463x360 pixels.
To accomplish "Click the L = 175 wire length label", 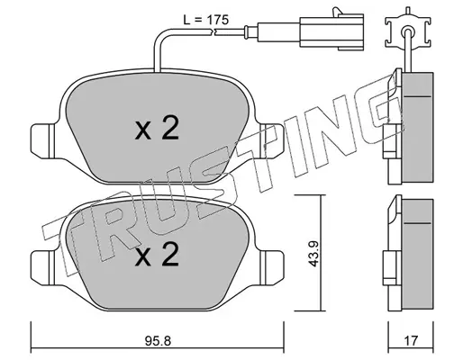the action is (206, 20).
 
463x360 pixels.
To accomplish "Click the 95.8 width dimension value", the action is (158, 341).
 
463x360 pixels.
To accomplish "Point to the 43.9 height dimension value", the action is (314, 254).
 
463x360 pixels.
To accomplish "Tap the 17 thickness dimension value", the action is (411, 341).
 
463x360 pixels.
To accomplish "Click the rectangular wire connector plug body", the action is (331, 32).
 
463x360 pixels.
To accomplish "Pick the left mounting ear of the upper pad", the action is (43, 140).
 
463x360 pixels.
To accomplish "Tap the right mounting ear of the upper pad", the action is (272, 140).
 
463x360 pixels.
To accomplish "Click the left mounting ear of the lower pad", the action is (43, 266).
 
